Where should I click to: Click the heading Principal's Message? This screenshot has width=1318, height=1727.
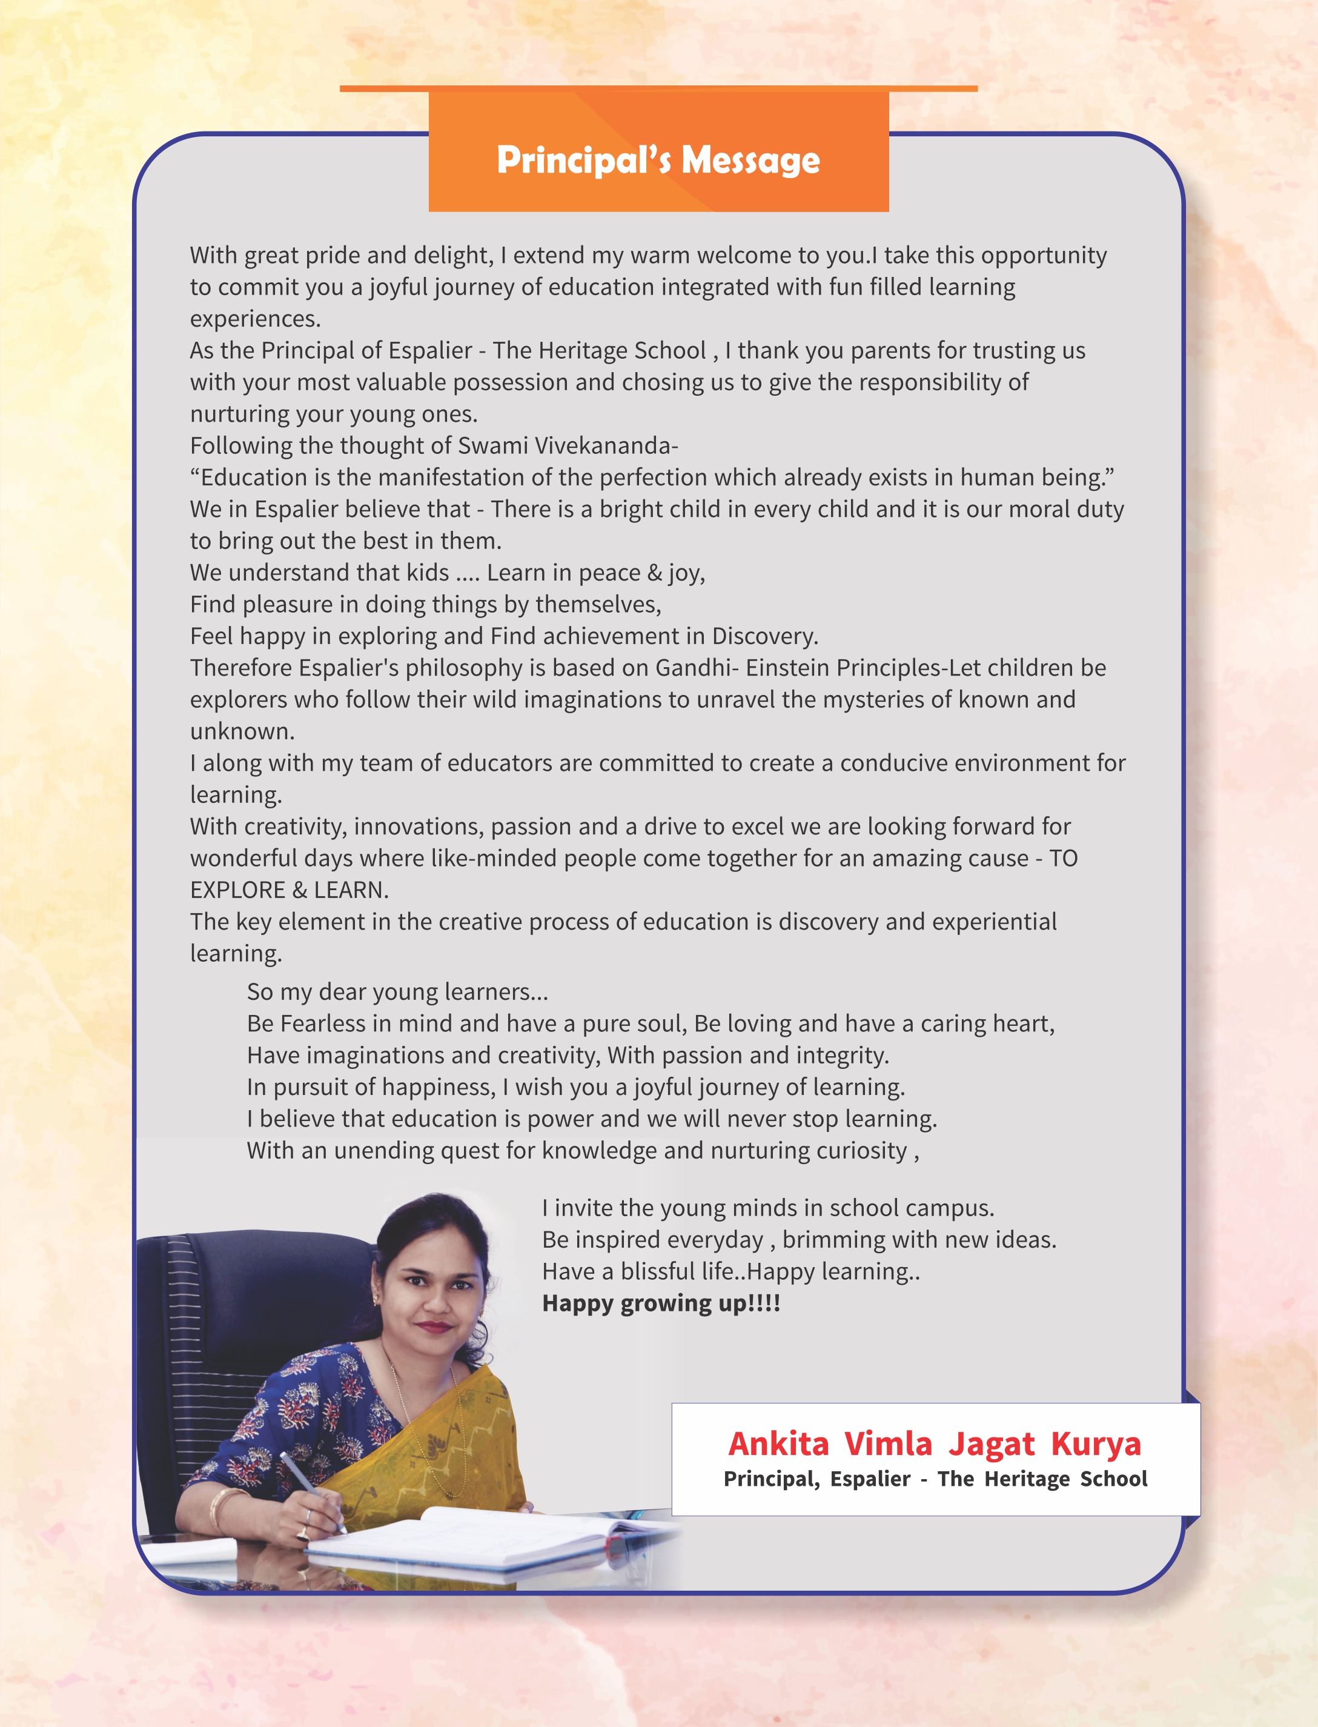658,160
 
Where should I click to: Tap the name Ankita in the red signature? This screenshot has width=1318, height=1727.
778,1444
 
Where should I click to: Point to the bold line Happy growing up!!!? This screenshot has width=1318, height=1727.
661,1303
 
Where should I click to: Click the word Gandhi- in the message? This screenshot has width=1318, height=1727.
697,668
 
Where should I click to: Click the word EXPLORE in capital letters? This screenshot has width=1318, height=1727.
237,890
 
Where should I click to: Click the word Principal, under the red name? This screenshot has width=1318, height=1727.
772,1479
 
